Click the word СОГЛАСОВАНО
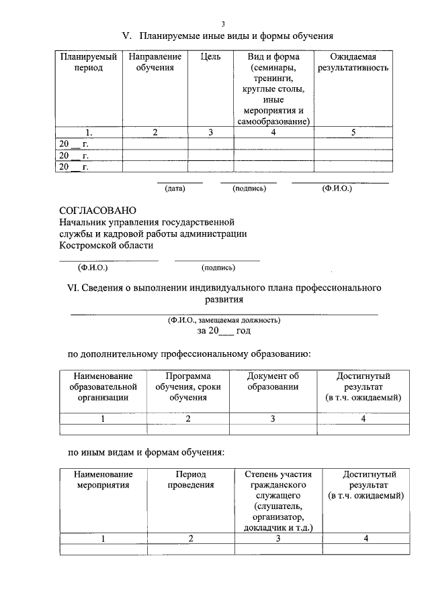pos(97,211)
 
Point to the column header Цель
pos(210,57)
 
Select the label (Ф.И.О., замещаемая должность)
pos(224,320)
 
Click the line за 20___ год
pos(224,331)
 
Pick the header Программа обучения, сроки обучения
pos(188,386)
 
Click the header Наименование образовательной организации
pos(103,386)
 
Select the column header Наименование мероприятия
pos(103,479)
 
